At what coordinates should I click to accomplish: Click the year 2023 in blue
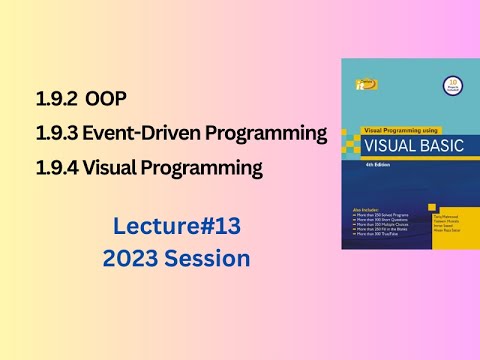[131, 258]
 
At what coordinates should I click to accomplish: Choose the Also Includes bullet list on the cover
[379, 222]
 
